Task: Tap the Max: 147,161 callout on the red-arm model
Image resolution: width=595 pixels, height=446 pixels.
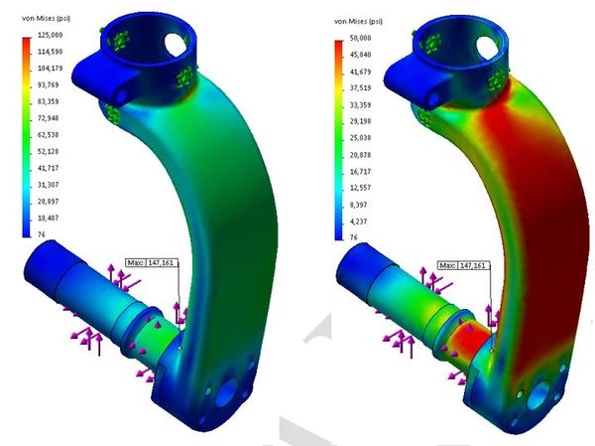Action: click(x=463, y=265)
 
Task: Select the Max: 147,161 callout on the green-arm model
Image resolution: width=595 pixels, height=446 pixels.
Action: click(x=151, y=264)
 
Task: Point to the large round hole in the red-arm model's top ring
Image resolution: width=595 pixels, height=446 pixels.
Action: click(x=484, y=44)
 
